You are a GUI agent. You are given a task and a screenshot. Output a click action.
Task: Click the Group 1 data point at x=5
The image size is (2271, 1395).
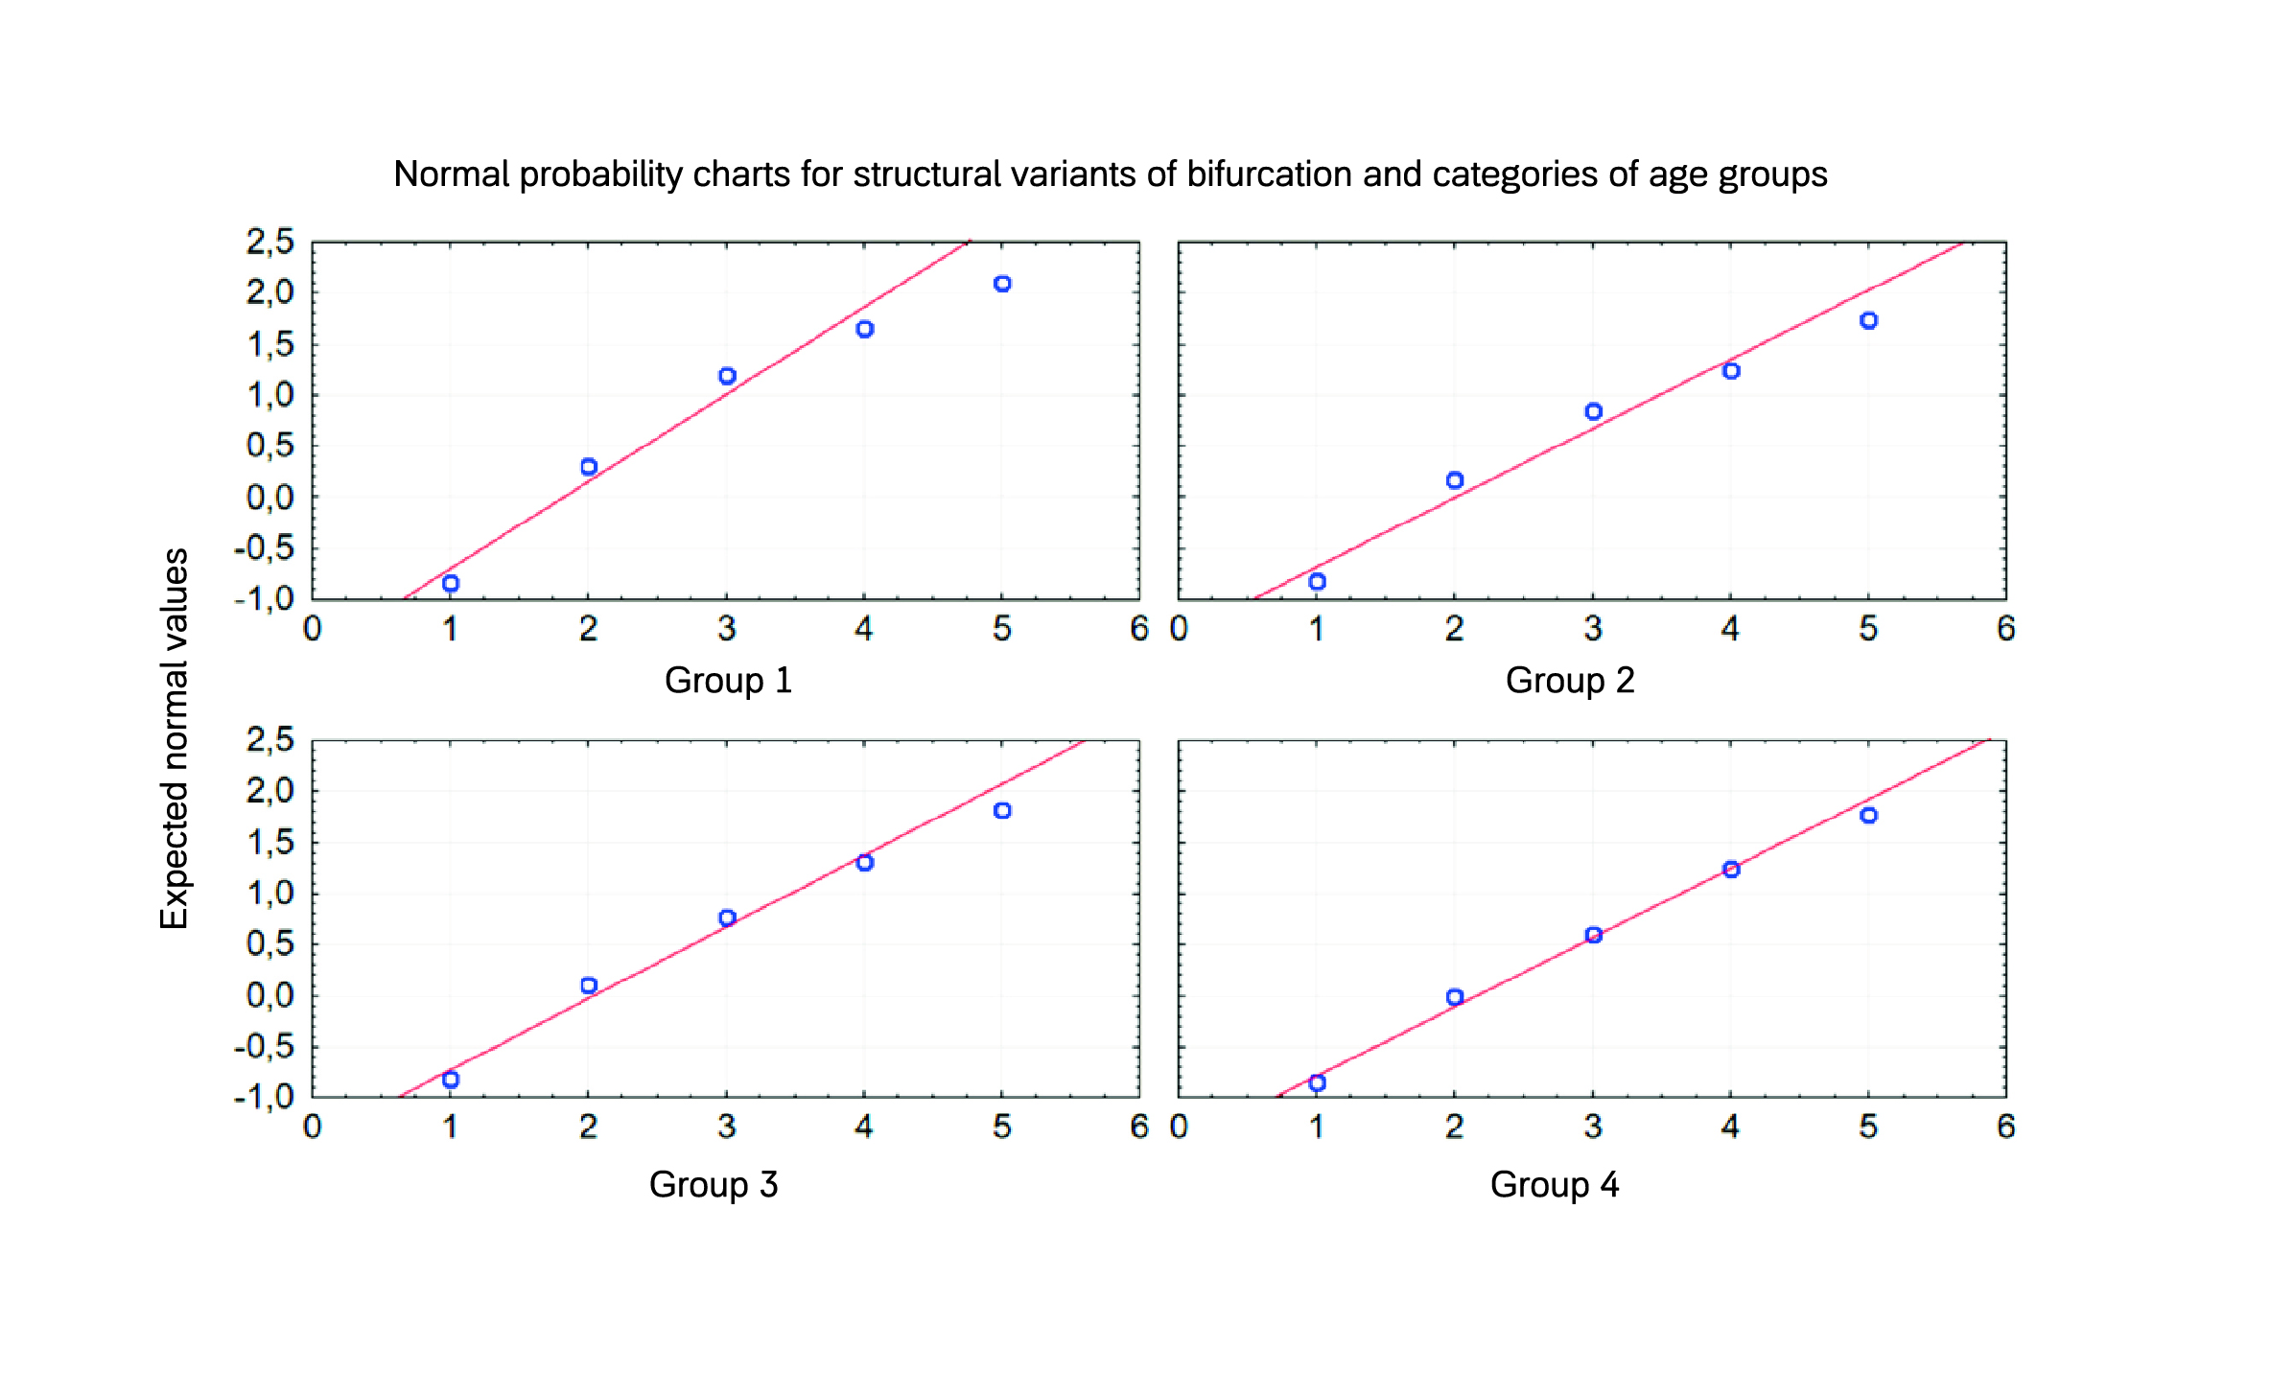(1002, 284)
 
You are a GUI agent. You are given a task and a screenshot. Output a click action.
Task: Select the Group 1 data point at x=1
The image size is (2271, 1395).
(451, 583)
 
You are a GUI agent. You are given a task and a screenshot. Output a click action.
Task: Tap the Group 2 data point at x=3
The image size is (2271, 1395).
(1593, 411)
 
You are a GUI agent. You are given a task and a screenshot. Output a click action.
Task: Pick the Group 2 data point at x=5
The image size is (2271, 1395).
(1868, 320)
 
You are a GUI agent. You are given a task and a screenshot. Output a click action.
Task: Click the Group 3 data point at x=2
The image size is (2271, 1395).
(589, 986)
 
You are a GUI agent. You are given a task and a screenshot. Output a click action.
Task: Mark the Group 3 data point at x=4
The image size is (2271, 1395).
(864, 863)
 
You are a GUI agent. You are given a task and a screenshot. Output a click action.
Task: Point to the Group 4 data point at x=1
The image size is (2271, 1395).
(1317, 1082)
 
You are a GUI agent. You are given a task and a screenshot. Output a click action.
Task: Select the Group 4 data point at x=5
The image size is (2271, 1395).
(1868, 815)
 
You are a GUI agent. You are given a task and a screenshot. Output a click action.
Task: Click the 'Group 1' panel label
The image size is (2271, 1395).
(728, 680)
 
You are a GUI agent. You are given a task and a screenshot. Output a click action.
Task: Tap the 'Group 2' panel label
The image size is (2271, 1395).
(1569, 680)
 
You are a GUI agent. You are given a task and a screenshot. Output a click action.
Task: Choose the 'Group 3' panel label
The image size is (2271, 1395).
(713, 1184)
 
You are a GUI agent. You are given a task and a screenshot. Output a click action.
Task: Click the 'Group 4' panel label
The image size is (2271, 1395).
(1554, 1184)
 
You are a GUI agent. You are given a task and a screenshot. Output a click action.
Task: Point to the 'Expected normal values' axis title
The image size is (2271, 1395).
(175, 738)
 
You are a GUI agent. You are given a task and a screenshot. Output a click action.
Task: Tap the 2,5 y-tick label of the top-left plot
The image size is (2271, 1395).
(269, 242)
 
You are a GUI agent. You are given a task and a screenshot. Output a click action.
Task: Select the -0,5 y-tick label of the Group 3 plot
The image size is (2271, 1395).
(265, 1046)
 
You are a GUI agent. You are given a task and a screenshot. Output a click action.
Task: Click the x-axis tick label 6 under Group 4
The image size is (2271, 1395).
(2005, 1127)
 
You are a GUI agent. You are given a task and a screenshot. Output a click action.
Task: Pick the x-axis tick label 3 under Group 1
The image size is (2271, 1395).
(726, 629)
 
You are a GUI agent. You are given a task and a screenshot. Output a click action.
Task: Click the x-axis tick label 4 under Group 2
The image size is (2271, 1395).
(1730, 629)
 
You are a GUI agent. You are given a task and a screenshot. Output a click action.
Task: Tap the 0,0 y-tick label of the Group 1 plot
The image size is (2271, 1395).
(269, 498)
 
